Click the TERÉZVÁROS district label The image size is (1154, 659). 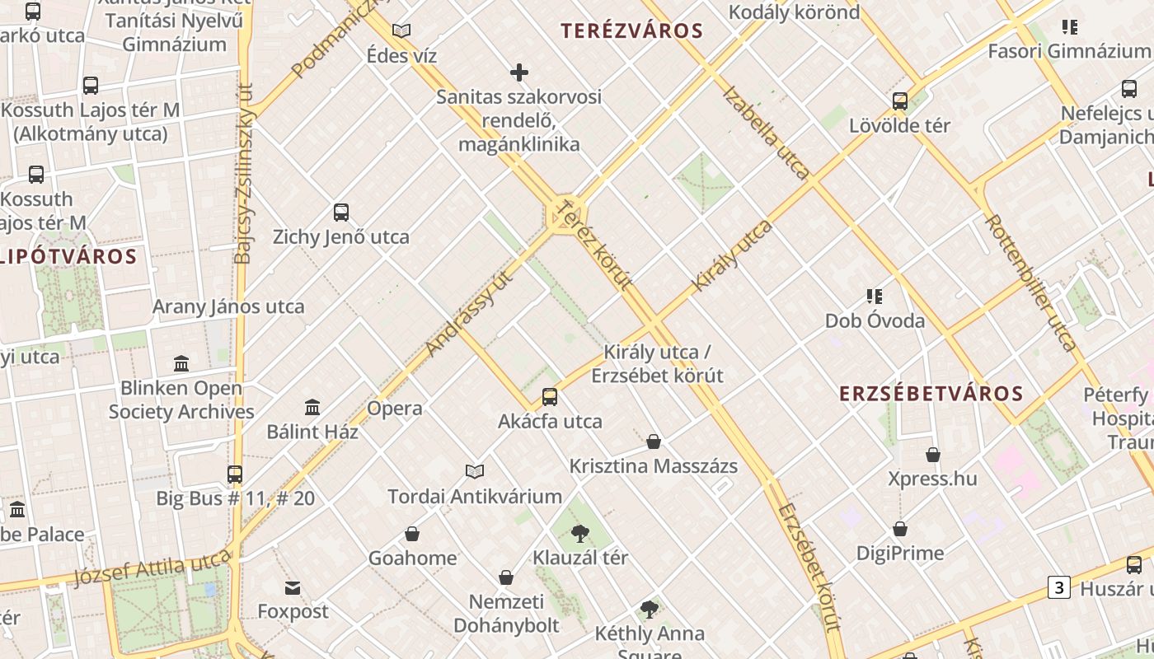(631, 31)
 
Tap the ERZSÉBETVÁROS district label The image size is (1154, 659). (931, 394)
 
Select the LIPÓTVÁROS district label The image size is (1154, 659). (68, 256)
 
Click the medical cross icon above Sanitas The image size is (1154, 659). (519, 72)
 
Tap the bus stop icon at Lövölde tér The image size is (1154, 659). (900, 101)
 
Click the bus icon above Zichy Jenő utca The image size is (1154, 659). (341, 212)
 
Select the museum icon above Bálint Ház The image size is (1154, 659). (312, 407)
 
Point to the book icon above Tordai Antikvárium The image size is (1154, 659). (475, 471)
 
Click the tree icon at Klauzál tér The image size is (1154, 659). (580, 533)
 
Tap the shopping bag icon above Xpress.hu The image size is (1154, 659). (933, 455)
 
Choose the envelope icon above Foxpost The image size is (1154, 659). (293, 587)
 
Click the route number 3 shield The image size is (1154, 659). (1058, 587)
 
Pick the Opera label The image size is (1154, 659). (395, 409)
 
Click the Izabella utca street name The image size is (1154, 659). (764, 132)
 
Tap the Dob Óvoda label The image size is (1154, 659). (875, 321)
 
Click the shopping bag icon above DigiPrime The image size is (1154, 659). (900, 529)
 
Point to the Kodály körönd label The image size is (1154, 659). (794, 12)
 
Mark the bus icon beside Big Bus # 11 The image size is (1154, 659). (235, 474)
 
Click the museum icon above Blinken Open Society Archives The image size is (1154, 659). (181, 363)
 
